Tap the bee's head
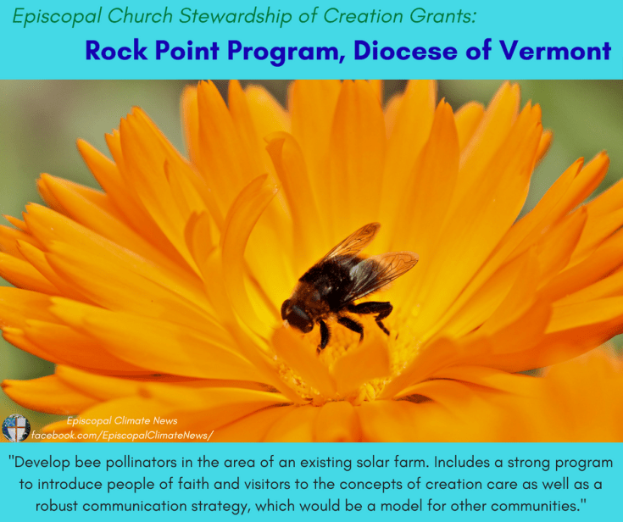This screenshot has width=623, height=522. pos(298,315)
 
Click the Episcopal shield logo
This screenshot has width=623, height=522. pos(15,428)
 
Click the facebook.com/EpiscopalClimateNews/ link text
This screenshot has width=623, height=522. pos(122,435)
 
